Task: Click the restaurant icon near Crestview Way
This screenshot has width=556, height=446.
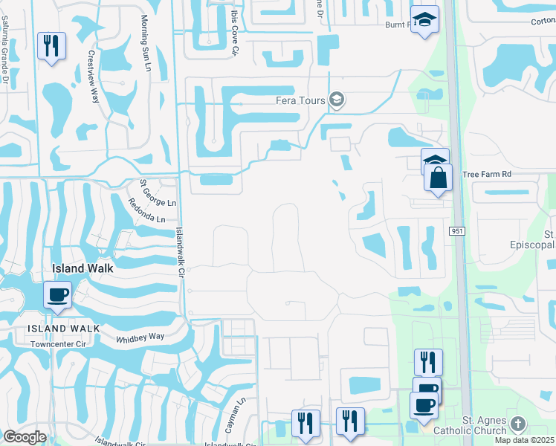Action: (x=51, y=46)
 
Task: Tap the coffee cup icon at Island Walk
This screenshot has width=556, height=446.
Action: (x=57, y=295)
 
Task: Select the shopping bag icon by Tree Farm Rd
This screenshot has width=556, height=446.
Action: (x=438, y=178)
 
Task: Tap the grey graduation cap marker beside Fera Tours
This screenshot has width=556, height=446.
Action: (x=337, y=100)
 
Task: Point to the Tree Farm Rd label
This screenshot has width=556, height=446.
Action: (x=488, y=174)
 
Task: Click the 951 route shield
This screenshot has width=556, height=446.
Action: (x=457, y=232)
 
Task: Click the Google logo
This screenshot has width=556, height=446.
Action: (x=25, y=437)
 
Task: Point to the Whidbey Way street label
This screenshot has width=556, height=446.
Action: (x=139, y=337)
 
